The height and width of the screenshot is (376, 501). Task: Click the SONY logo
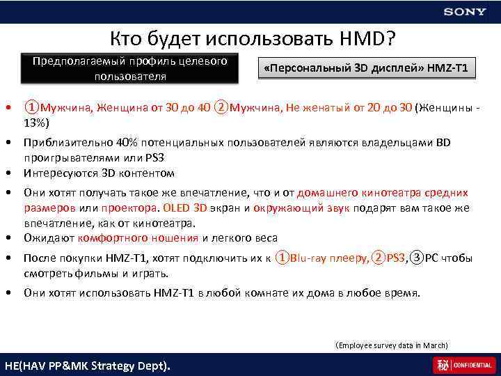click(x=465, y=12)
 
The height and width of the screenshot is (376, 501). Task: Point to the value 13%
click(x=35, y=123)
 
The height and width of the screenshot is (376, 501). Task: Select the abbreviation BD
click(x=443, y=143)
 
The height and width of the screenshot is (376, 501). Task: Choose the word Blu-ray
click(x=307, y=258)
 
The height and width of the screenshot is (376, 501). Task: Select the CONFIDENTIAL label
click(x=474, y=365)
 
